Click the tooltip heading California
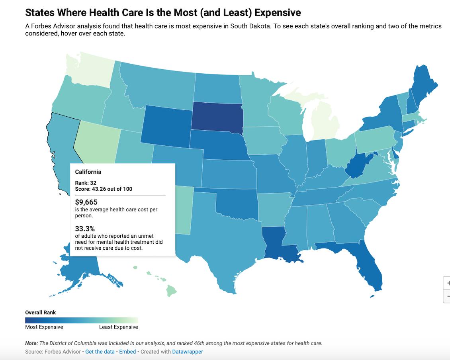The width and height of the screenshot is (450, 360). pyautogui.click(x=88, y=172)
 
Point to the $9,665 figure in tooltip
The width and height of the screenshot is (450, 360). pyautogui.click(x=86, y=202)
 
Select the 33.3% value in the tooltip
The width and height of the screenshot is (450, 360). pyautogui.click(x=85, y=229)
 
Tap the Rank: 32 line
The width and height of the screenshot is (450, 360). pyautogui.click(x=86, y=183)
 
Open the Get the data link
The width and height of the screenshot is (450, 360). pyautogui.click(x=100, y=352)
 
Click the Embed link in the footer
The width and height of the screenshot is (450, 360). pyautogui.click(x=127, y=352)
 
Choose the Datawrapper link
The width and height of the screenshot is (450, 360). pyautogui.click(x=187, y=352)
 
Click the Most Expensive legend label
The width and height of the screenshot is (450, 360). pyautogui.click(x=44, y=327)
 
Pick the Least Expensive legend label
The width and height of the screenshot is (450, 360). pyautogui.click(x=118, y=327)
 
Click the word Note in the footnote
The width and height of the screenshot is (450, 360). pyautogui.click(x=31, y=343)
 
